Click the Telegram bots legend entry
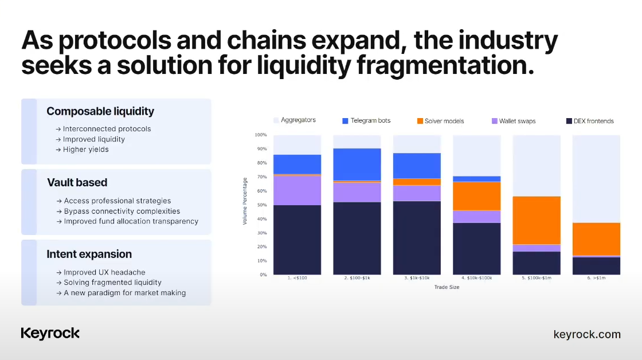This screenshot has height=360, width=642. pos(366,120)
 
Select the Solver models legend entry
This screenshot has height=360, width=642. pos(441,121)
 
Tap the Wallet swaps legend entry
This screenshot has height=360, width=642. pos(514,121)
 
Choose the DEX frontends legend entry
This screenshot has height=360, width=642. pos(590,121)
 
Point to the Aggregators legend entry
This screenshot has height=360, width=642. pos(295,120)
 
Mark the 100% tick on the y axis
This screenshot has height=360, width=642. pos(260,135)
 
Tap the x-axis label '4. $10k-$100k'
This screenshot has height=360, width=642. pos(476,277)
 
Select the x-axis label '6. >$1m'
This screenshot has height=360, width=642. pos(596,277)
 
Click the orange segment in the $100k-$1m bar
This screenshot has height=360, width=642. pos(537,220)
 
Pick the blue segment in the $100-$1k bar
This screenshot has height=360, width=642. pos(357,165)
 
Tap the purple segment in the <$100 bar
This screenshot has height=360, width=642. pos(297,190)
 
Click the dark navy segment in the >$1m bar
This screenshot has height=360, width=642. pos(596,266)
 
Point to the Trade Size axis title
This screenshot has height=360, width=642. pos(447,287)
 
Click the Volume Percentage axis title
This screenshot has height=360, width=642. pos(245,201)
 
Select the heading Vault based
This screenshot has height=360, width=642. pos(77,182)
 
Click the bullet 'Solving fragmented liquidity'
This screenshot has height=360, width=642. pos(109,283)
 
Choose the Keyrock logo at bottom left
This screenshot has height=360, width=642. pos(50,334)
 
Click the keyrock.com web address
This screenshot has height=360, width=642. pos(587,334)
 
